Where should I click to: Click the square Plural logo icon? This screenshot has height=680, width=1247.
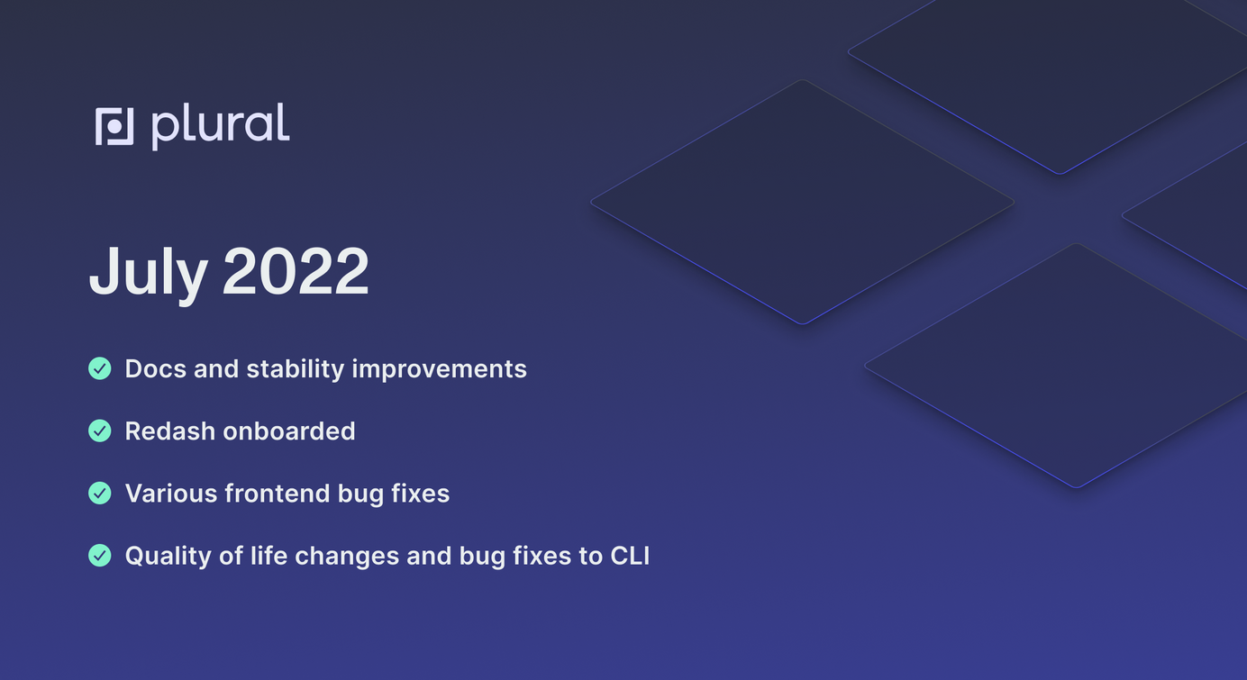(x=114, y=126)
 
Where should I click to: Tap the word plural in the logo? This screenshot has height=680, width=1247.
(x=221, y=126)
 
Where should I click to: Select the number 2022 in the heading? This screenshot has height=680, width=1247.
(x=296, y=271)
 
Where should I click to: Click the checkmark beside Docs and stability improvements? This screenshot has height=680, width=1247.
(x=100, y=368)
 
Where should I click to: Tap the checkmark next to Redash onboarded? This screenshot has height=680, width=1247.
(x=100, y=431)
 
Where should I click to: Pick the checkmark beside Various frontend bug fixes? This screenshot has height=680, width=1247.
(x=100, y=493)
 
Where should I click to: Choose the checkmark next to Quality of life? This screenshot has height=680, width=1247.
(x=100, y=556)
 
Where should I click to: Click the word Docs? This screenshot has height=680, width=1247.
(x=155, y=369)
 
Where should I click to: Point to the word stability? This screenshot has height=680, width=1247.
(x=296, y=370)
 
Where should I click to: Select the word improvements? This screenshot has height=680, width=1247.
(x=439, y=370)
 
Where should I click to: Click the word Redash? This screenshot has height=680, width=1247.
(x=169, y=431)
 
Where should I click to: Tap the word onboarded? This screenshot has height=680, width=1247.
(x=289, y=431)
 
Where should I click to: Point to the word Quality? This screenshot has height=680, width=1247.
(x=168, y=557)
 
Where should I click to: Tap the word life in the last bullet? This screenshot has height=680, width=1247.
(x=269, y=556)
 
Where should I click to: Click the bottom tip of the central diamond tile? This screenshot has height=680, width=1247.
(x=803, y=323)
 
